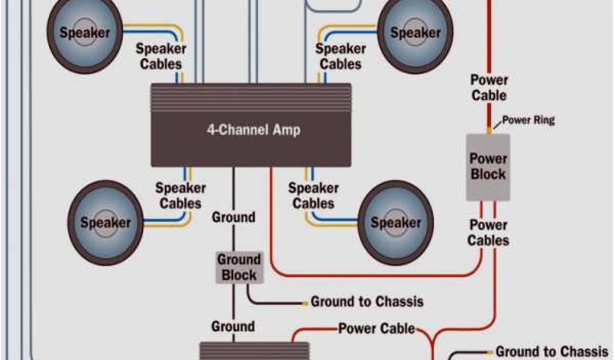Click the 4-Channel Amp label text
[x=254, y=129]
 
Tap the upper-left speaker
[x=84, y=33]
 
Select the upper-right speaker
[x=415, y=33]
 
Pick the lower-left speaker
[x=106, y=223]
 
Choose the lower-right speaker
[x=396, y=223]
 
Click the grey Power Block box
[x=488, y=167]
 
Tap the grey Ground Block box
[x=239, y=268]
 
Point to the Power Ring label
[x=528, y=120]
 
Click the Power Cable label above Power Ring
[x=489, y=88]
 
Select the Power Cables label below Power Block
[x=489, y=233]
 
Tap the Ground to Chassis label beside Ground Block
[x=367, y=301]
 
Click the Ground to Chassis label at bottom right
[x=552, y=351]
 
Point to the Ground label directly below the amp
[x=233, y=217]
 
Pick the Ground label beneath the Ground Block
[x=233, y=327]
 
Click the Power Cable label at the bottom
[x=377, y=329]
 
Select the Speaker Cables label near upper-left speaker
[x=161, y=56]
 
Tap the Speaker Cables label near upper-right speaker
[x=341, y=56]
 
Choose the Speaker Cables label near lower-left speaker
[x=180, y=196]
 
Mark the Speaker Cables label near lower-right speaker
[x=313, y=196]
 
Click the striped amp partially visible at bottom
[x=254, y=351]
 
